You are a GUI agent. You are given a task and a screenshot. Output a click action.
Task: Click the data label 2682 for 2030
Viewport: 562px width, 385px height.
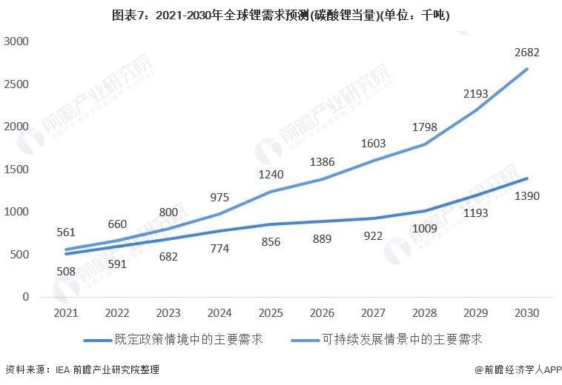527,53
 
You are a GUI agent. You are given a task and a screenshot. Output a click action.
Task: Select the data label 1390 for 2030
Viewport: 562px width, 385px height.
527,196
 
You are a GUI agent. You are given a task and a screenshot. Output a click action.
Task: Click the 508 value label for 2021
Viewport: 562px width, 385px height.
65,271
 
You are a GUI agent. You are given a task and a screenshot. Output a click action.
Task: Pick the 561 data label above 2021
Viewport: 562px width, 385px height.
65,232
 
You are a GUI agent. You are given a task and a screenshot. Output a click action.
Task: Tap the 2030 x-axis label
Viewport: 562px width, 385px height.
527,314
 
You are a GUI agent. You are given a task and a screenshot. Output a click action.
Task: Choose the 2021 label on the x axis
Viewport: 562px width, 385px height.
65,314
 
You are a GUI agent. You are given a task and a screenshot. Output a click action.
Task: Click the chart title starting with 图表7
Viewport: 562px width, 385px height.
281,14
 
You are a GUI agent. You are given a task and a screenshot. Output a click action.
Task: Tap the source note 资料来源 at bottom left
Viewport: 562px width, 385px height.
82,369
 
